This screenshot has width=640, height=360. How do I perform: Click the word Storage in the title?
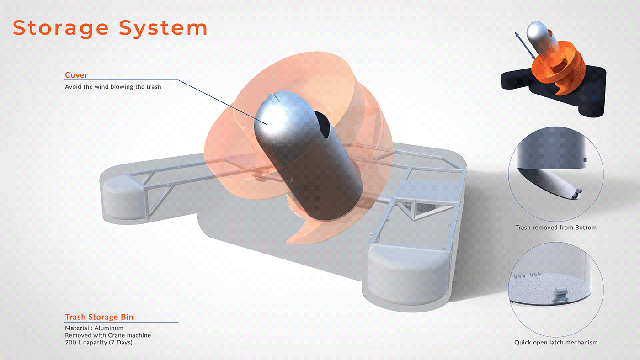(x=61, y=28)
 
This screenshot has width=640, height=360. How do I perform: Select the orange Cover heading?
(x=76, y=75)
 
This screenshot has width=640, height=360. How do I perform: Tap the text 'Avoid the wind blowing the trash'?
(x=113, y=86)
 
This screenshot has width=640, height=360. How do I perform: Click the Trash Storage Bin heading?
(x=99, y=317)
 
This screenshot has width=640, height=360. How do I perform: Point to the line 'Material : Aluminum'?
(x=94, y=328)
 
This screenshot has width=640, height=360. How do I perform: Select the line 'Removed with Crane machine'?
(x=108, y=335)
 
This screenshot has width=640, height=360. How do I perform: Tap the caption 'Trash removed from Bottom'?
(x=556, y=228)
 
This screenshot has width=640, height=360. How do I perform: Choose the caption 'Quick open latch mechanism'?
(x=556, y=342)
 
